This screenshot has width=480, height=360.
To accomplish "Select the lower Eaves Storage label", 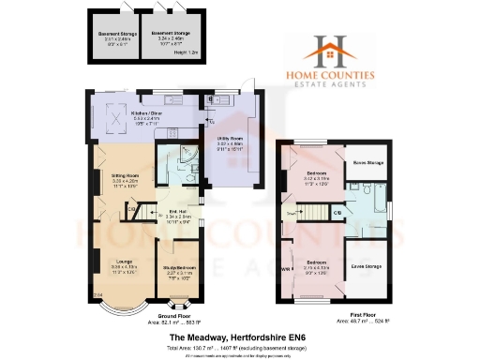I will (x=367, y=268).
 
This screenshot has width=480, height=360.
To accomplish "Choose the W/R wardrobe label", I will (x=286, y=270).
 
